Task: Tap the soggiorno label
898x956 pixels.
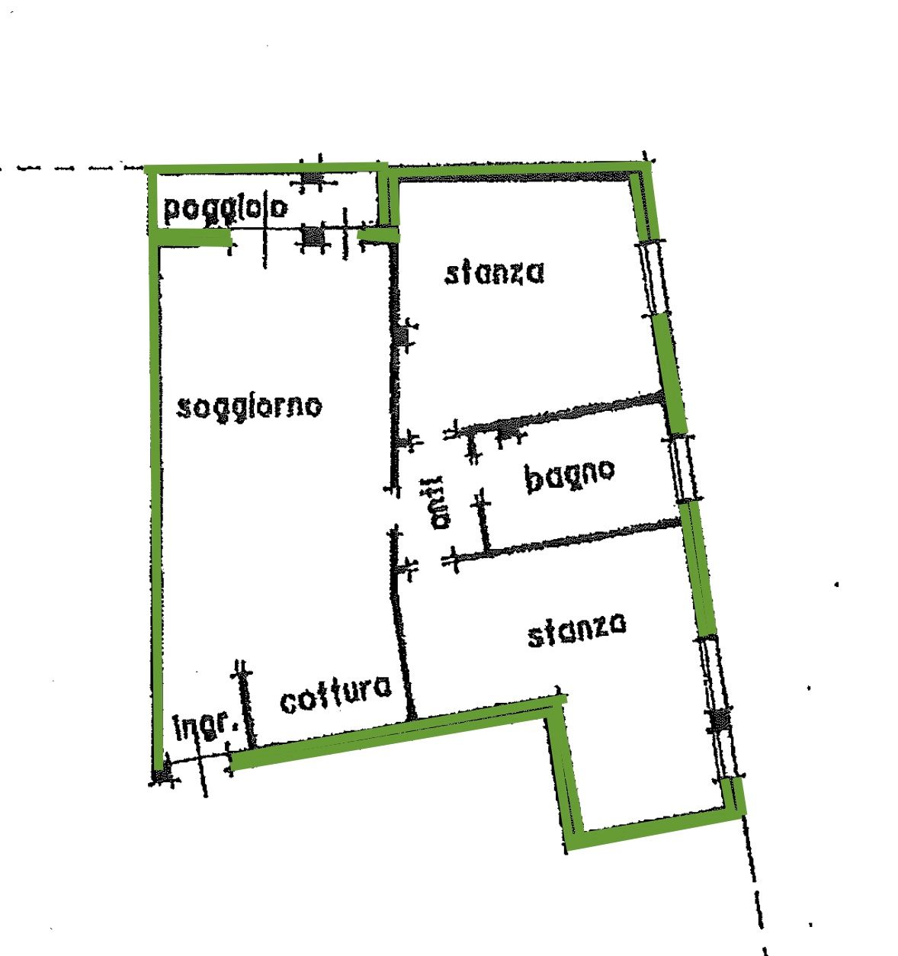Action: (249, 408)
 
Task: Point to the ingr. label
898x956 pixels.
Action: (206, 726)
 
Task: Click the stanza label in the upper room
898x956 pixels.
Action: (494, 273)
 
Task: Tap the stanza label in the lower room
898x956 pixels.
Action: (577, 630)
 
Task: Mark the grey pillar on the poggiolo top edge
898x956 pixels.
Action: (313, 178)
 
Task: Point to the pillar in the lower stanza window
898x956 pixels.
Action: (720, 720)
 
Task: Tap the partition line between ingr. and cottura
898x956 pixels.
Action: (247, 705)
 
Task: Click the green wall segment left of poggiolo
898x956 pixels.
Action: (152, 201)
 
